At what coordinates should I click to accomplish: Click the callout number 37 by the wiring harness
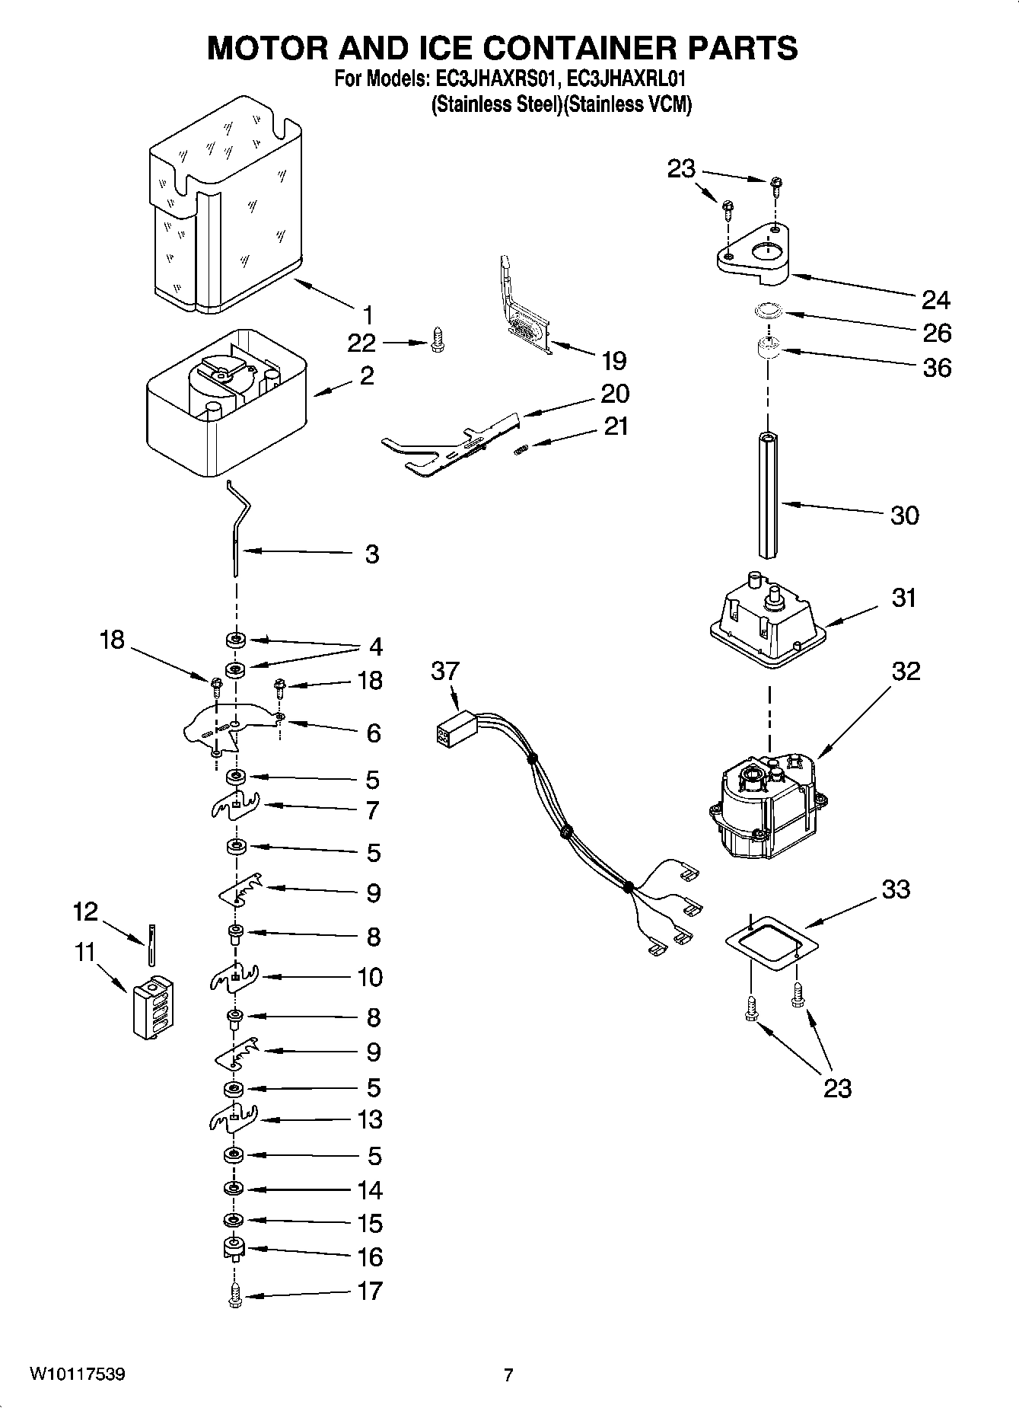pos(445,671)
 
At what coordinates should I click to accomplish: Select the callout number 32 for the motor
pos(906,671)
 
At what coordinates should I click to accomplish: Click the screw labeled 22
pos(437,340)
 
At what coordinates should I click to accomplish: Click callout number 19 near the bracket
pos(613,360)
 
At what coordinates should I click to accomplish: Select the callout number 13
pos(370,1119)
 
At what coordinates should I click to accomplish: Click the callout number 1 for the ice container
pos(368,314)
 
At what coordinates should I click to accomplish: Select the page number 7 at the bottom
pos(508,1374)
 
